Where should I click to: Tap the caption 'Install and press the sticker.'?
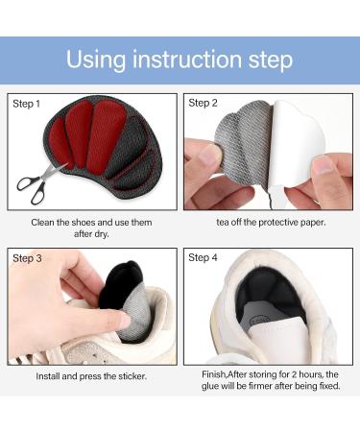pos(92,376)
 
